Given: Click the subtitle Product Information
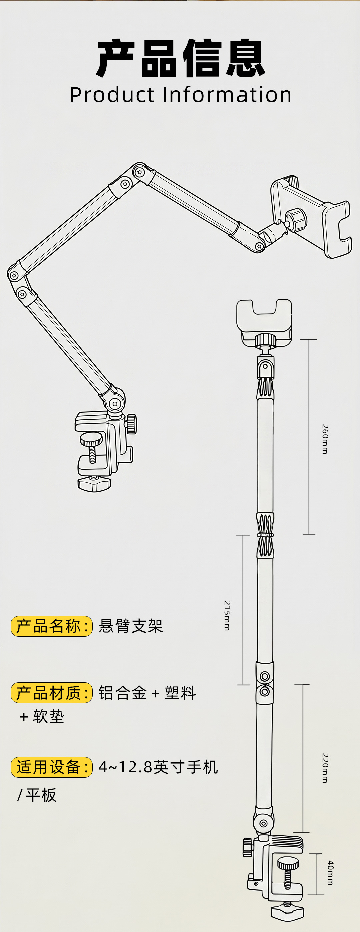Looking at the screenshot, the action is [181, 95].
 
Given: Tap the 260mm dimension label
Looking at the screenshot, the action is [325, 439].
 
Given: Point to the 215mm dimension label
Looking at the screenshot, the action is [227, 615].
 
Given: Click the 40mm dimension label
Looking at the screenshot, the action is [330, 873].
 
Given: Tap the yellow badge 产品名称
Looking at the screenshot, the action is [52, 626].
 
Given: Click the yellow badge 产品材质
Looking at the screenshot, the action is [52, 692].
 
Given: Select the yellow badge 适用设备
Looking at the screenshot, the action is [52, 767].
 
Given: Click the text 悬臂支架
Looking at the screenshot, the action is [131, 626].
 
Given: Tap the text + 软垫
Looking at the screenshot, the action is [42, 716].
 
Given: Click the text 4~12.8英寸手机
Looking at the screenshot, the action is [158, 767].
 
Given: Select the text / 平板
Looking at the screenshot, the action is [37, 795].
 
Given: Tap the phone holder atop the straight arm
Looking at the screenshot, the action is [264, 322].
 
